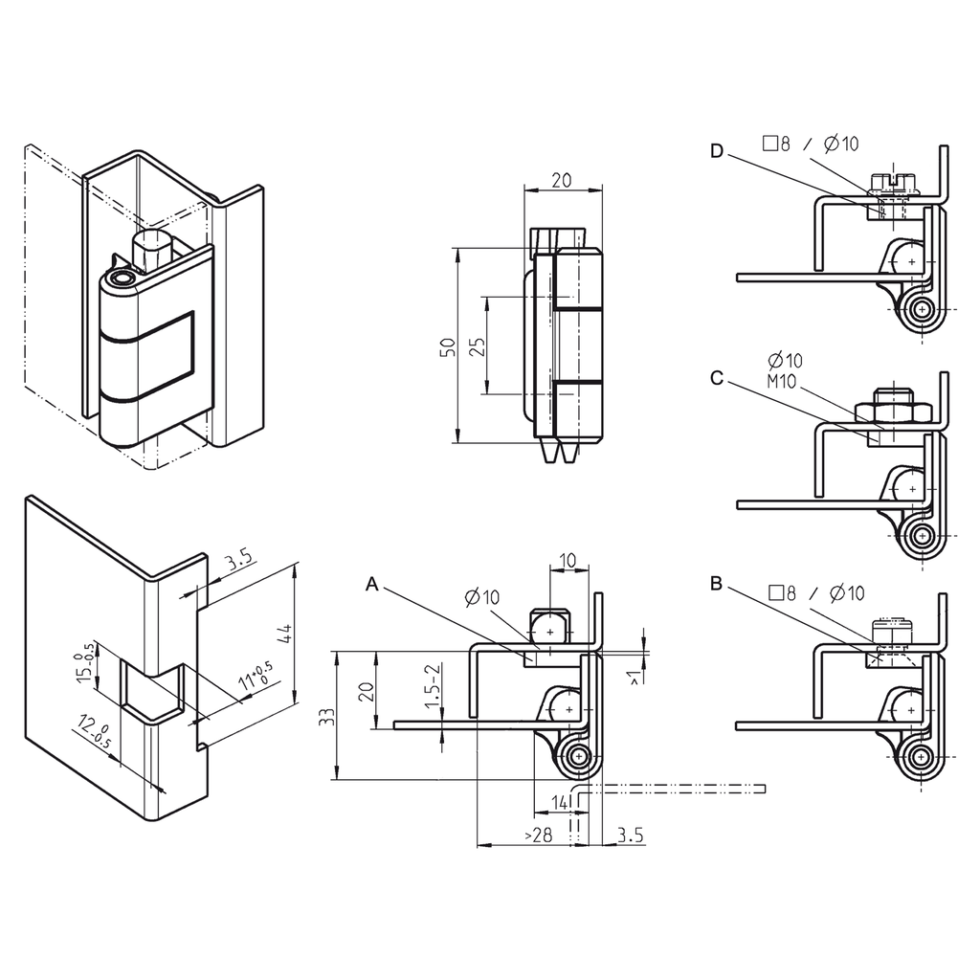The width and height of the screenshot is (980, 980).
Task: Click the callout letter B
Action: point(717,584)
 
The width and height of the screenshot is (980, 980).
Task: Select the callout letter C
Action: point(717,378)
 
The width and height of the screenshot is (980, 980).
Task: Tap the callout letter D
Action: point(718,150)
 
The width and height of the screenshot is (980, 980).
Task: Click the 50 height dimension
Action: point(447,348)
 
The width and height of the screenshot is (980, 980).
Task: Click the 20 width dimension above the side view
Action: point(562,180)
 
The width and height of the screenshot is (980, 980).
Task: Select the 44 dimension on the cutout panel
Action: point(284,633)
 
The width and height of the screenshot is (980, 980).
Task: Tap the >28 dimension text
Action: point(539,835)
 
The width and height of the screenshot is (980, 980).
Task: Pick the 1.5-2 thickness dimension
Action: point(433,685)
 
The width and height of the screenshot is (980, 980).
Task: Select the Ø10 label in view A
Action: point(482,598)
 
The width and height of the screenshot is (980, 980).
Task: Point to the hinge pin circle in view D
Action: point(923,309)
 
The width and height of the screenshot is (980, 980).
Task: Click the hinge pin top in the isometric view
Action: point(122,278)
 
